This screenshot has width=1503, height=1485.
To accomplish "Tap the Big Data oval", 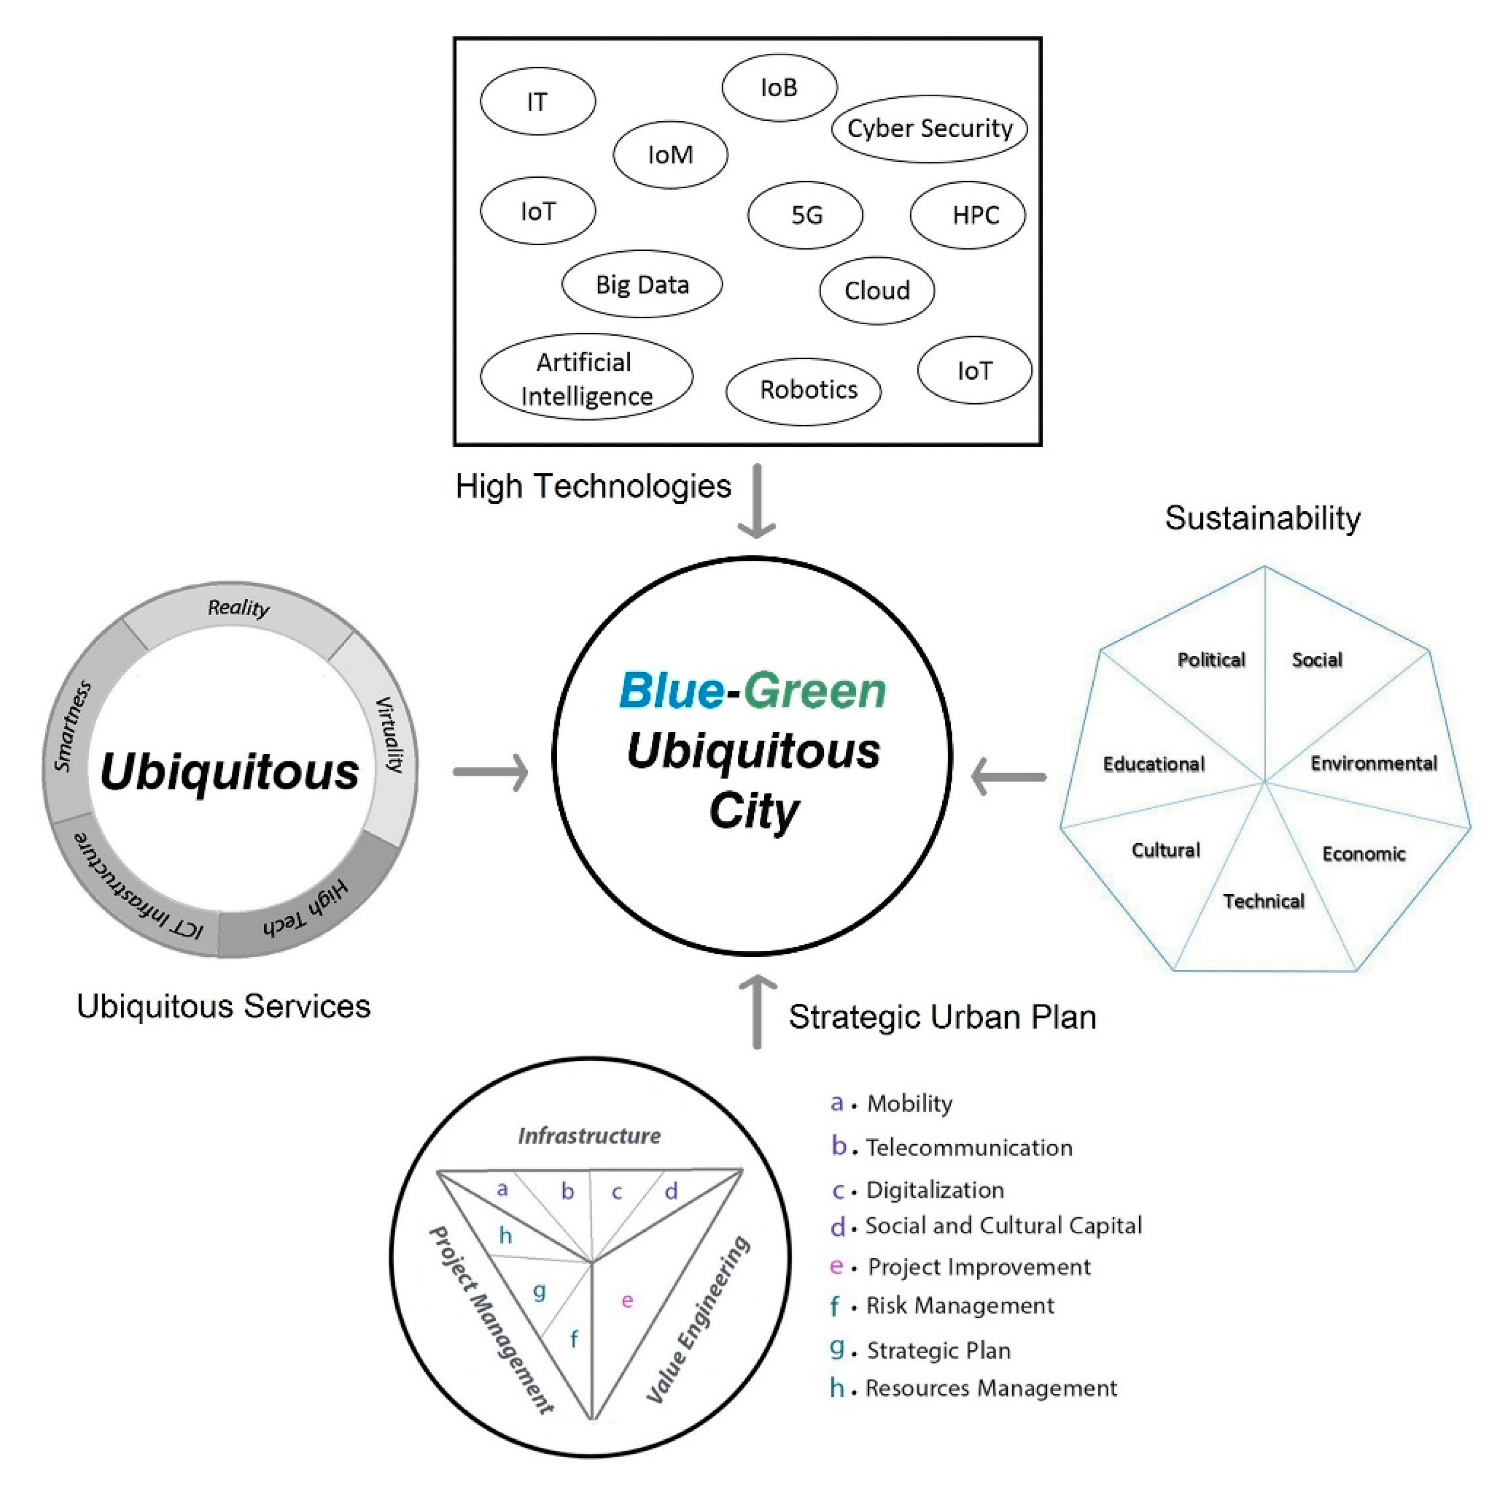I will [x=642, y=284].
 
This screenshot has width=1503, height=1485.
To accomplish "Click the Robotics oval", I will [x=803, y=390].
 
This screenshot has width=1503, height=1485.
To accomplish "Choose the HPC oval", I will [x=968, y=215].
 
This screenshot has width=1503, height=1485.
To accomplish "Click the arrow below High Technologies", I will [x=756, y=502].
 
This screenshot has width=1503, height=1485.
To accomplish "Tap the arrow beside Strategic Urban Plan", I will [x=756, y=1011].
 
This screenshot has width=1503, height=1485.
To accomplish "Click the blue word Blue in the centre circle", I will [x=671, y=691].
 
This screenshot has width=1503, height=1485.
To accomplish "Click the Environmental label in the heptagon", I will [x=1373, y=763].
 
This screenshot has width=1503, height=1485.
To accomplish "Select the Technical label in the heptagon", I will [x=1263, y=901].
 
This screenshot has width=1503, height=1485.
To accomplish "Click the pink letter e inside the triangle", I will [x=627, y=1301].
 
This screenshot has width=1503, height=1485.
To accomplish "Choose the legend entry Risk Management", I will [x=960, y=1305].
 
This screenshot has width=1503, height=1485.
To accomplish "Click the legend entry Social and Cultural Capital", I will [x=1003, y=1226].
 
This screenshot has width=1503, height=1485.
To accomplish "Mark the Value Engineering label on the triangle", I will [x=698, y=1319].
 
